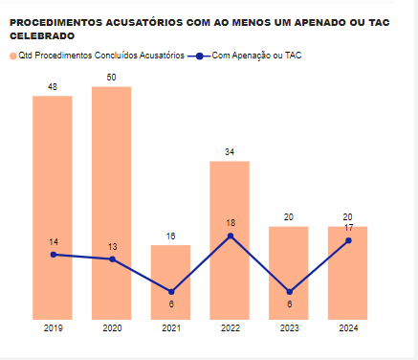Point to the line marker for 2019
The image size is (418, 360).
(53, 254)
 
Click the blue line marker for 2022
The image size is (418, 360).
(230, 236)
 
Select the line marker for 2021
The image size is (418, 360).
(170, 292)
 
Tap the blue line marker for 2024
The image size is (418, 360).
(348, 240)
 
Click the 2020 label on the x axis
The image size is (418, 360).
(112, 328)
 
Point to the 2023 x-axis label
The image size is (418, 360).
(289, 328)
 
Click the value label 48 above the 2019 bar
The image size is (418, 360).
(53, 87)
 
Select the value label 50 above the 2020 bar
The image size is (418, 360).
(112, 77)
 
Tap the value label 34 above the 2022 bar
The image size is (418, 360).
(230, 152)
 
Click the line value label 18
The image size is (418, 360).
(230, 223)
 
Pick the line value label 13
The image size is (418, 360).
(112, 246)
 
